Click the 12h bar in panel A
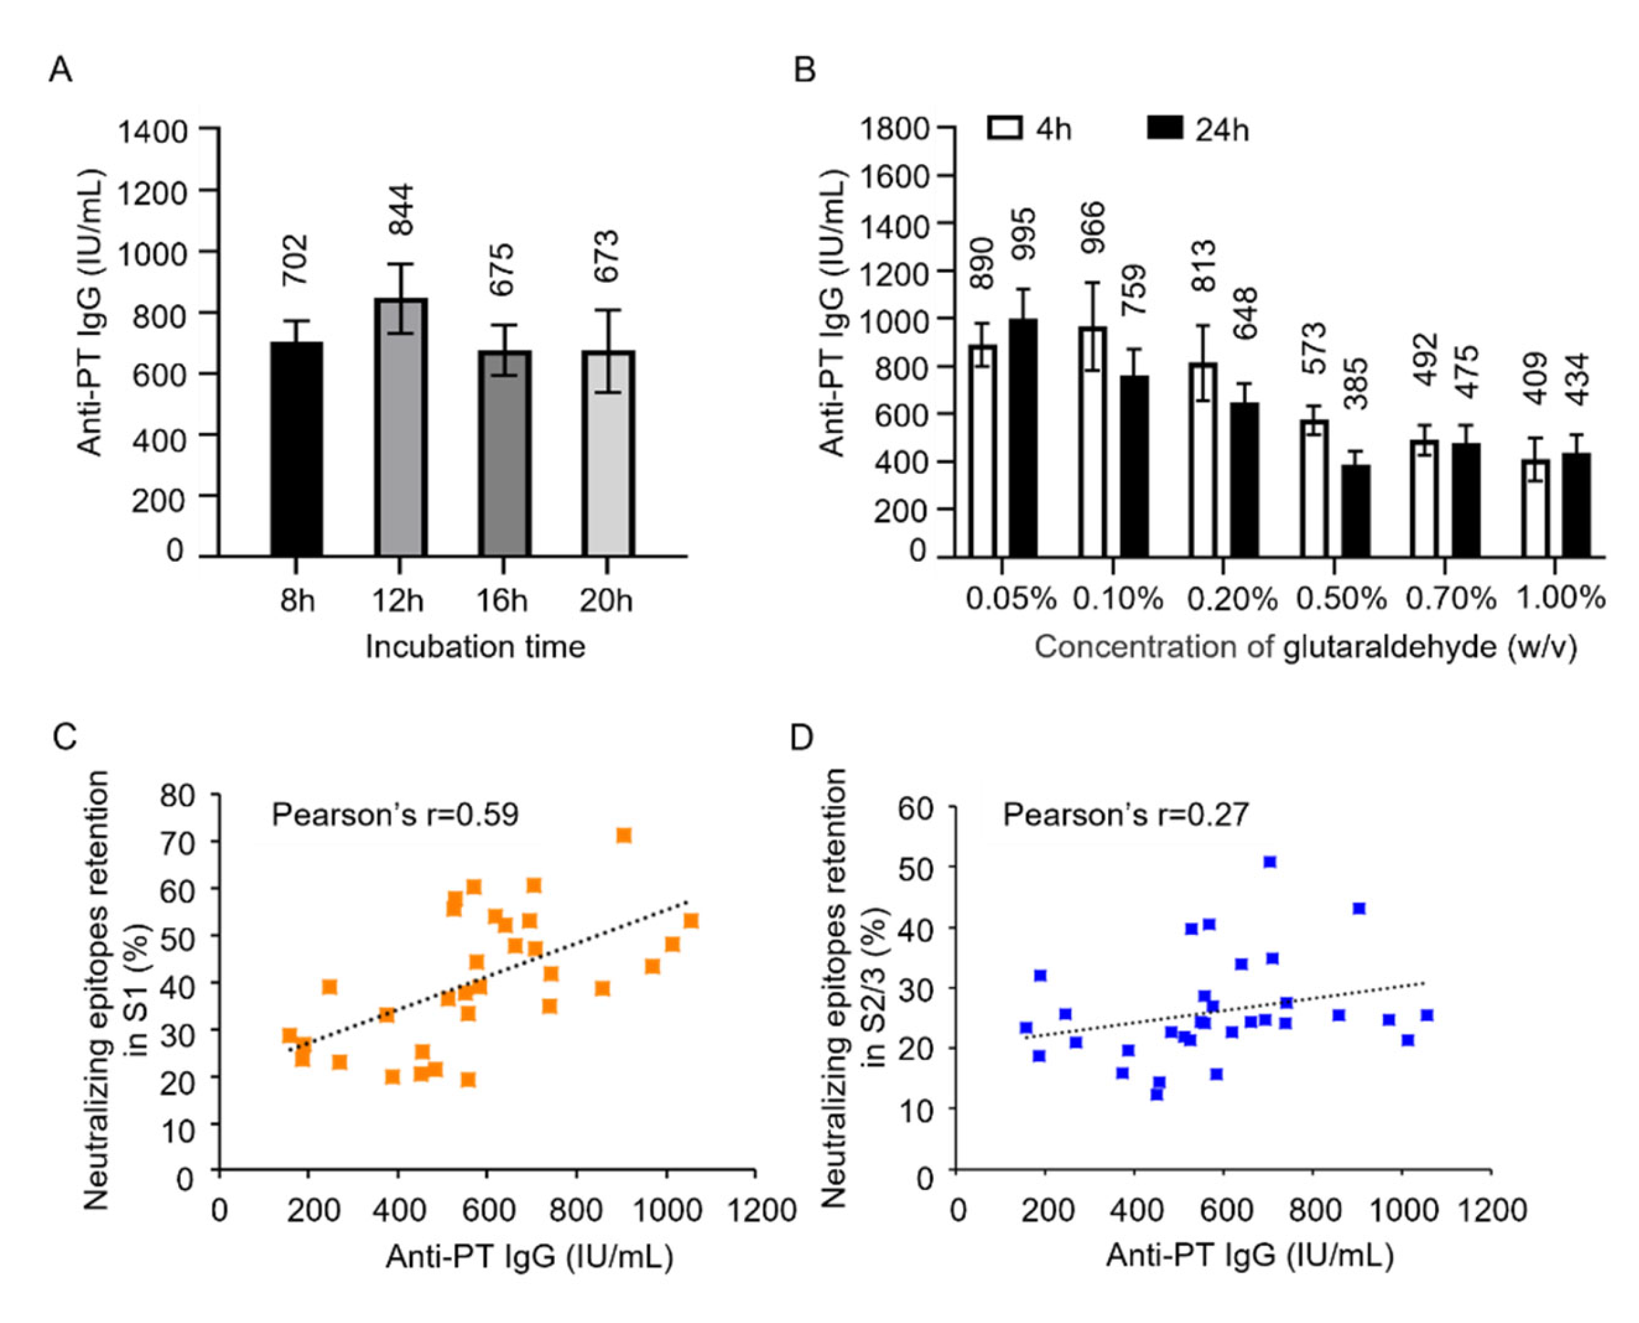click(399, 427)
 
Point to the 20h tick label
click(606, 601)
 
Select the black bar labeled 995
click(1023, 437)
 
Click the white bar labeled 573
click(1314, 487)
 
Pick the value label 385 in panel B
click(1356, 384)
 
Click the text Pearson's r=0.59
click(395, 815)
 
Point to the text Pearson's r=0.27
click(1125, 815)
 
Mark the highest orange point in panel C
click(624, 836)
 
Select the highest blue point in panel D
click(1269, 862)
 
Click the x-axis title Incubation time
click(475, 647)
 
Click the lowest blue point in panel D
click(1157, 1094)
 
